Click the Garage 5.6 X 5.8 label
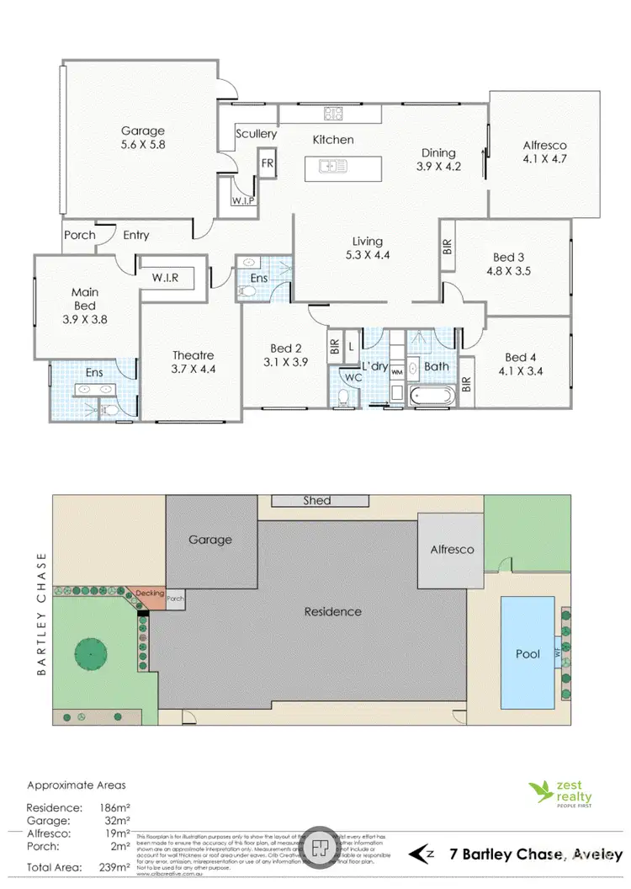[142, 138]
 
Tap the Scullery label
[256, 134]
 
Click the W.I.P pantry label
[243, 201]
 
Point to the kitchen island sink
[333, 167]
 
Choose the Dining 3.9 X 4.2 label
[438, 159]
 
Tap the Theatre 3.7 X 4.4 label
[194, 362]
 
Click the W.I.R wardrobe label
[167, 277]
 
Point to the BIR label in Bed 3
[447, 246]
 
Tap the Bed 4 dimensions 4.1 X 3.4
[519, 369]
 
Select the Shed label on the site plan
[316, 501]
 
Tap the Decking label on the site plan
[149, 591]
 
